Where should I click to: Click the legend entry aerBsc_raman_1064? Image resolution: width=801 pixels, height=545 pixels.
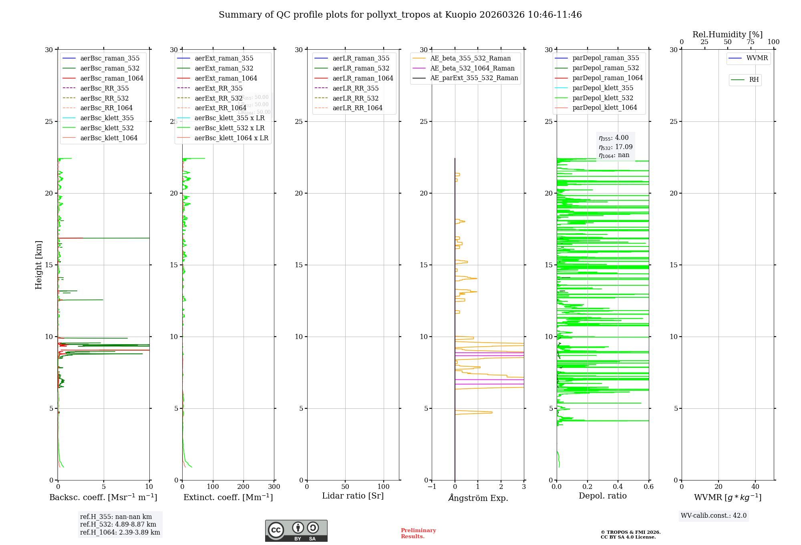pyautogui.click(x=111, y=79)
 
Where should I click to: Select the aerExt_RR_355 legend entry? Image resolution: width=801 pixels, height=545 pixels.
pyautogui.click(x=218, y=89)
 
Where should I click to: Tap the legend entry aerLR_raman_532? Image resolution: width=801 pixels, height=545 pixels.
pyautogui.click(x=361, y=69)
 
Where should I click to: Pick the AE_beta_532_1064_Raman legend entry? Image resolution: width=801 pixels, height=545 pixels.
pyautogui.click(x=472, y=69)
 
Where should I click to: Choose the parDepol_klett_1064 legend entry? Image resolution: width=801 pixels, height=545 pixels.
pyautogui.click(x=604, y=108)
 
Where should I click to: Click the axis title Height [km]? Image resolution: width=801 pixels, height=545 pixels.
pyautogui.click(x=38, y=264)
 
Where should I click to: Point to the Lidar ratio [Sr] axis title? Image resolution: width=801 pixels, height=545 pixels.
pyautogui.click(x=353, y=496)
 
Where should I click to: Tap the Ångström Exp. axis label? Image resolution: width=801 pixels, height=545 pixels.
pyautogui.click(x=478, y=498)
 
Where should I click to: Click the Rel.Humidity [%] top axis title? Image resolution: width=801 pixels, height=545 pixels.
pyautogui.click(x=727, y=34)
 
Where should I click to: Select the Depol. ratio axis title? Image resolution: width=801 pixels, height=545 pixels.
pyautogui.click(x=602, y=496)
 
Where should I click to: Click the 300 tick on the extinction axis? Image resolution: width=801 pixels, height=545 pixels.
pyautogui.click(x=274, y=487)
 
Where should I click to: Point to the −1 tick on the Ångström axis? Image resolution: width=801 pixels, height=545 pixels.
pyautogui.click(x=432, y=487)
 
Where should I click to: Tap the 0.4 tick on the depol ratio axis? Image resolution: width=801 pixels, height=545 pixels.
pyautogui.click(x=618, y=487)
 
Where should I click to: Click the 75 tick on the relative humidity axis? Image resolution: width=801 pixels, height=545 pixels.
pyautogui.click(x=751, y=42)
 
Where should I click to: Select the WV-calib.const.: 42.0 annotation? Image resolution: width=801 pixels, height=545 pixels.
pyautogui.click(x=713, y=516)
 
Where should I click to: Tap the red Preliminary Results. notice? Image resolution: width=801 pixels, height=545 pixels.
pyautogui.click(x=418, y=533)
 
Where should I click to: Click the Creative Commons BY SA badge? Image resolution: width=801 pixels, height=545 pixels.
pyautogui.click(x=296, y=531)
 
